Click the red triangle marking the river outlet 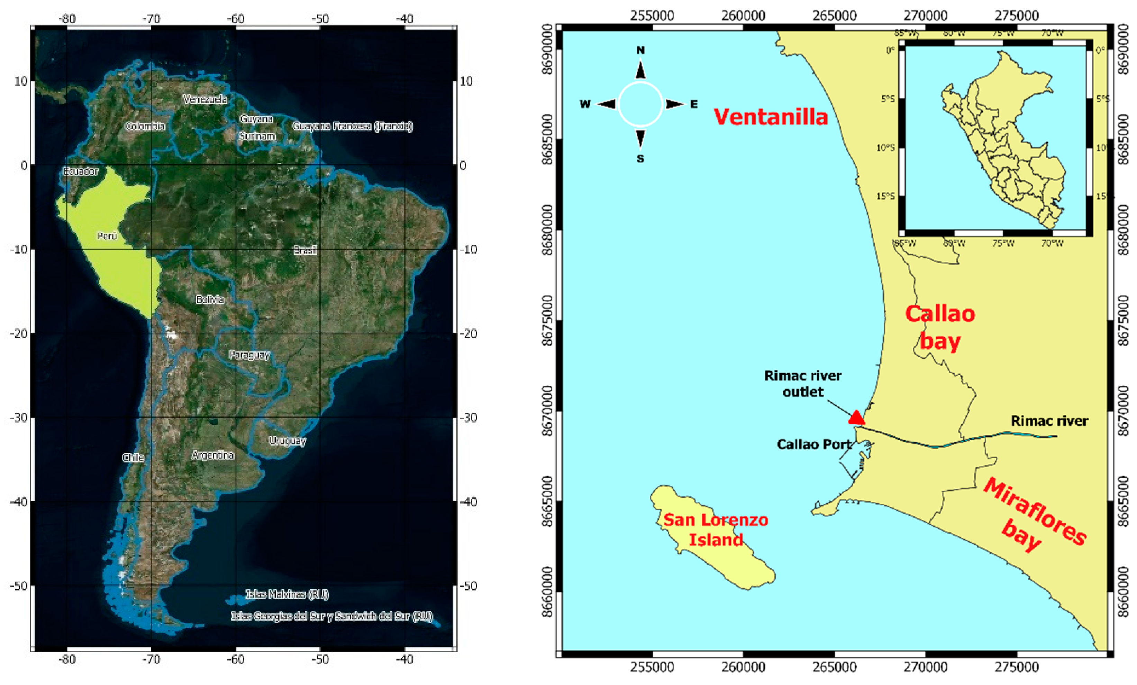856,417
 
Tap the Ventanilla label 771,116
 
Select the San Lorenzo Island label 716,530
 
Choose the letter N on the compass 640,50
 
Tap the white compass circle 640,104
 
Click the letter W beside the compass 585,104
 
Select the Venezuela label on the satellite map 205,99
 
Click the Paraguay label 249,355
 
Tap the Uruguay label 288,441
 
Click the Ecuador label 81,171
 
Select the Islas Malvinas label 287,594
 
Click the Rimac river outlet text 803,384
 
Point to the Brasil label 305,250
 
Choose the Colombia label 145,126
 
